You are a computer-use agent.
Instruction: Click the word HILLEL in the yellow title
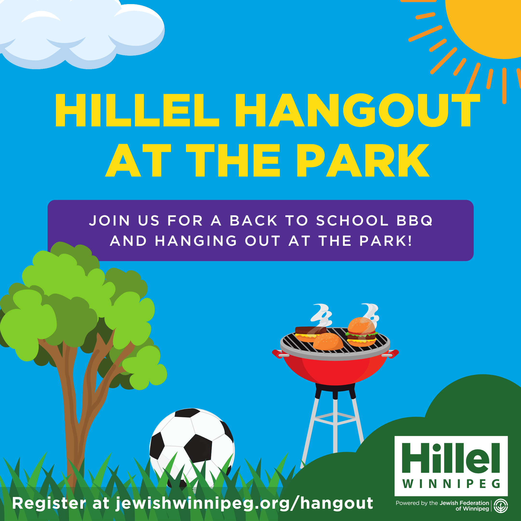pyautogui.click(x=137, y=110)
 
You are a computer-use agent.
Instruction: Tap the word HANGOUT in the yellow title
pyautogui.click(x=358, y=110)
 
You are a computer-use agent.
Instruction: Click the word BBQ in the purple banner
pyautogui.click(x=414, y=221)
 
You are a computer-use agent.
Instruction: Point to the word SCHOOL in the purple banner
pyautogui.click(x=352, y=221)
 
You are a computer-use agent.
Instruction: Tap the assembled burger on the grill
pyautogui.click(x=361, y=332)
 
